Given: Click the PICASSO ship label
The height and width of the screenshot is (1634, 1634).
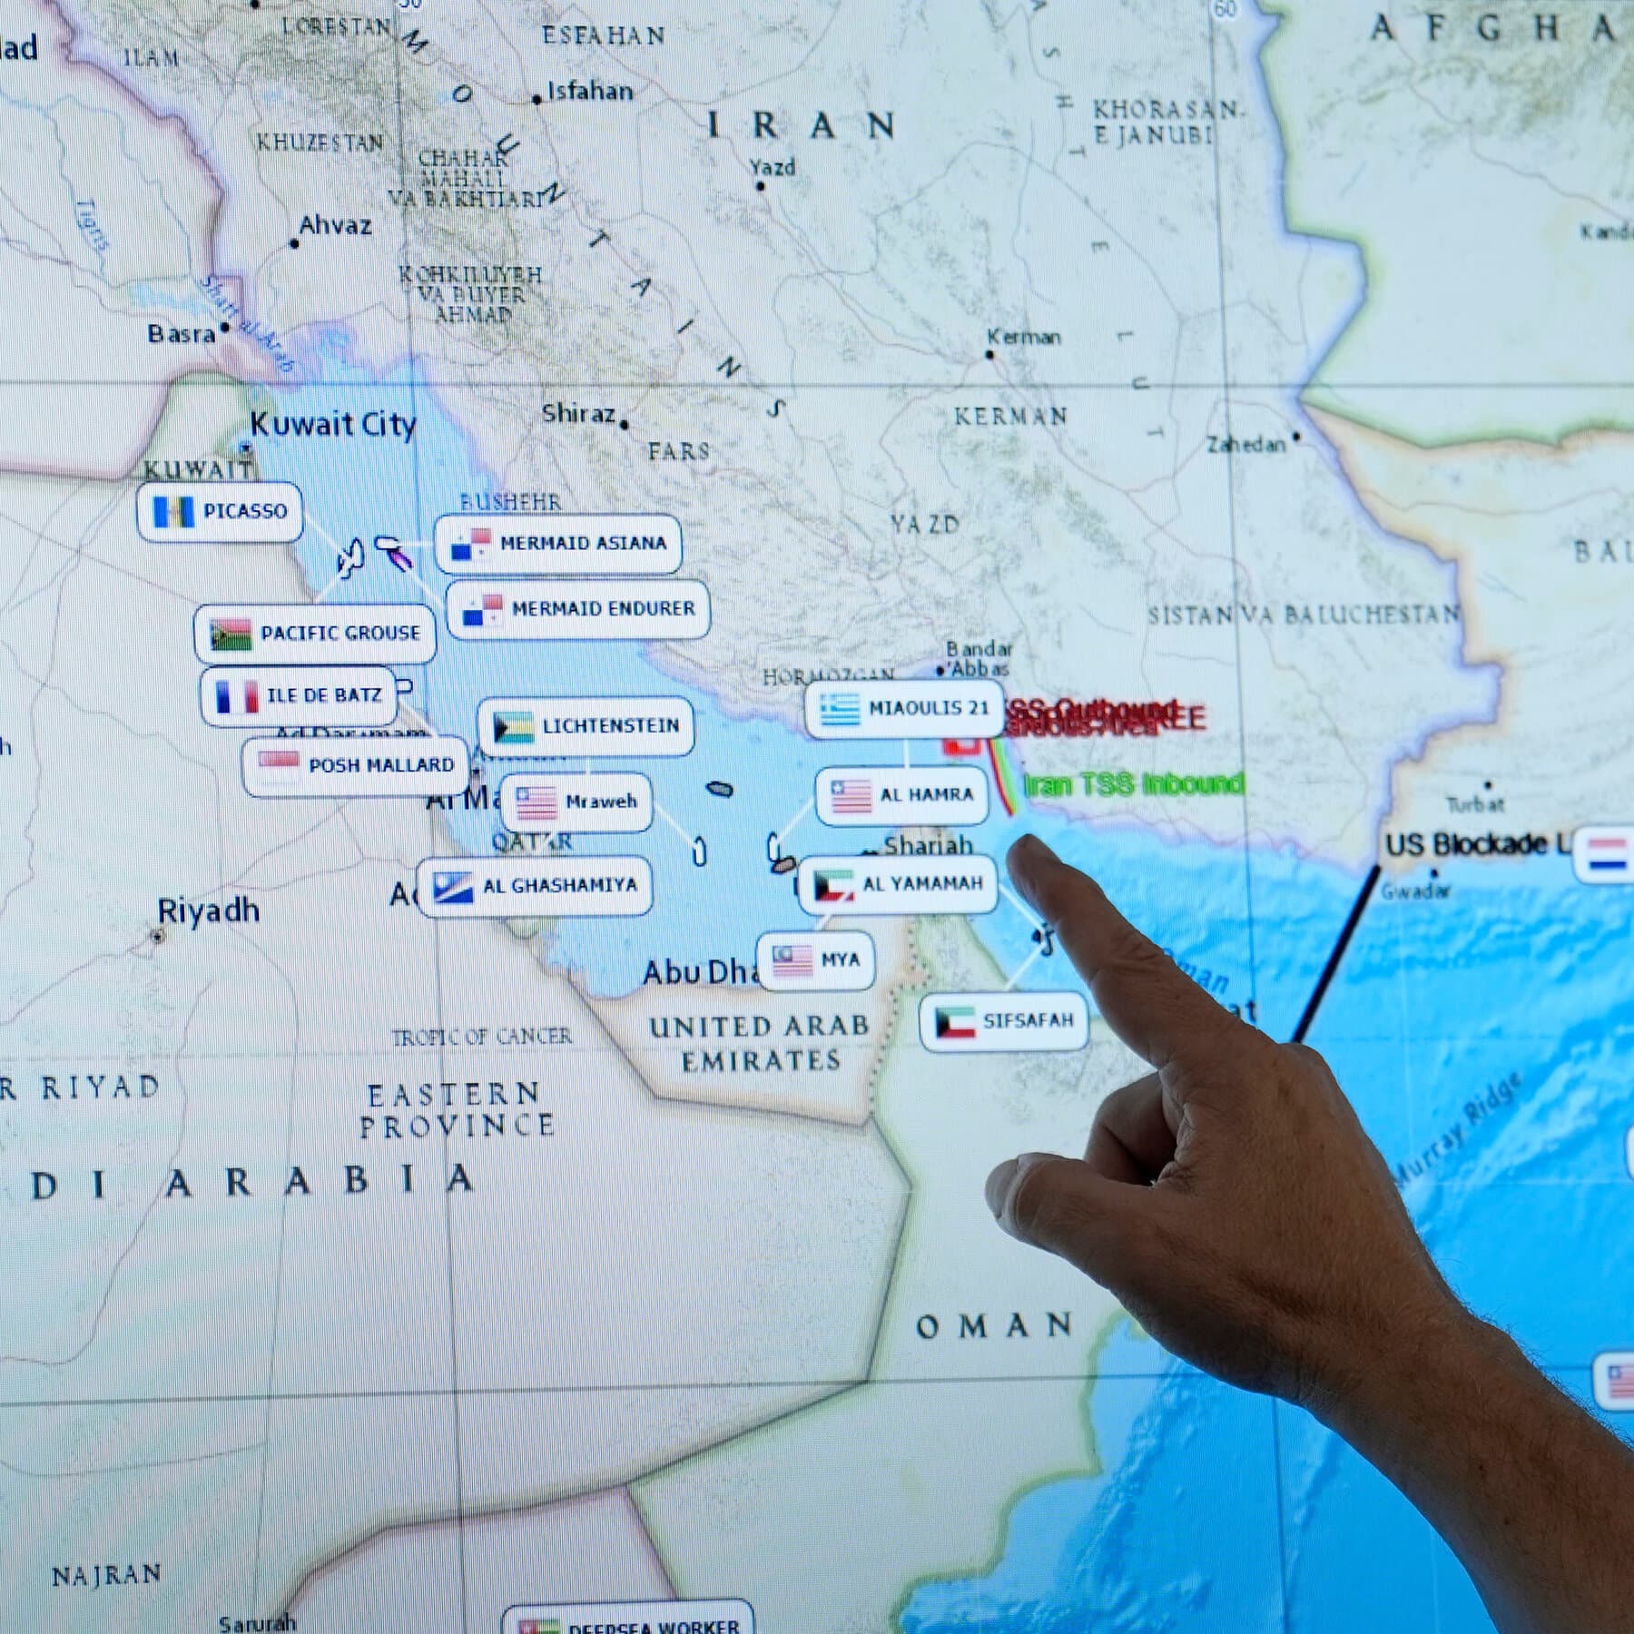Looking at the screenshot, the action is (x=221, y=512).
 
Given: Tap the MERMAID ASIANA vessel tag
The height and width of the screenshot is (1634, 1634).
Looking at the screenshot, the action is (x=558, y=544).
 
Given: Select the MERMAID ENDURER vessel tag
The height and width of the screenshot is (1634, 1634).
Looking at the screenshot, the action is (x=578, y=609).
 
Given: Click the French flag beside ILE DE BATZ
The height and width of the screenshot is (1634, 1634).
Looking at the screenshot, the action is (x=236, y=696).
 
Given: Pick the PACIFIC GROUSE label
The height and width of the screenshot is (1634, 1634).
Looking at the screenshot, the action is (x=315, y=633).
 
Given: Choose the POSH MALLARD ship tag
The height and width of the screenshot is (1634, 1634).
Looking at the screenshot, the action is (x=356, y=766).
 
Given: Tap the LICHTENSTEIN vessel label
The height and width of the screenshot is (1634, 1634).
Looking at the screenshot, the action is (x=586, y=726).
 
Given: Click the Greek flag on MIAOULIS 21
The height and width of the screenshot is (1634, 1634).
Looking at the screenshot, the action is (x=839, y=709).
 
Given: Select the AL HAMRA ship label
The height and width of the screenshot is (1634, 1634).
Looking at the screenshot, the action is (x=901, y=796).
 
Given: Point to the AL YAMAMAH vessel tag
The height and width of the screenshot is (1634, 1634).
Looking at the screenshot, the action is (x=898, y=884).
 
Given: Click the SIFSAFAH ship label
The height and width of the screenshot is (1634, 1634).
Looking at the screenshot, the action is (x=1003, y=1021).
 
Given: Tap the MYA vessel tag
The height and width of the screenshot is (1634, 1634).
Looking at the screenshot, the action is (x=816, y=960).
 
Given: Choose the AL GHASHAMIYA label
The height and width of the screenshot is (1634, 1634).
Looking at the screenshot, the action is (x=535, y=886).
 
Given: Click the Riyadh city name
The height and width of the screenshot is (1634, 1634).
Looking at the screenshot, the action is (x=208, y=911).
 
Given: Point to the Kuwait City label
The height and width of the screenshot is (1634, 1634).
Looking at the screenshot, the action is (x=332, y=424).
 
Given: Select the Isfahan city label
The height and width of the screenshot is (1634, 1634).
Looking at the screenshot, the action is (x=590, y=91).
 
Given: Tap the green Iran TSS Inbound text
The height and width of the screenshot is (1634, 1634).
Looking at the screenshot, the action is (x=1134, y=783).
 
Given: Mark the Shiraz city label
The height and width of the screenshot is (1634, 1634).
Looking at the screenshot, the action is (x=579, y=414).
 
